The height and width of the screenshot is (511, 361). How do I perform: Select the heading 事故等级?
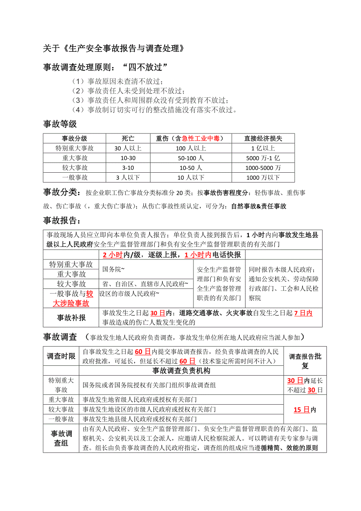click(60, 124)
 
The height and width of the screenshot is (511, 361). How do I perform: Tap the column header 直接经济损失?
click(263, 139)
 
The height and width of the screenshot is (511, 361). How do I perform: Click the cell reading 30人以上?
click(128, 148)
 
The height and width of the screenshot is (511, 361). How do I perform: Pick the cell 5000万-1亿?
click(263, 158)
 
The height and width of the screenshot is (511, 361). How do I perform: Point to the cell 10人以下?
click(191, 178)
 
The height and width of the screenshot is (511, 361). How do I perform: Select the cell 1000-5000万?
click(263, 168)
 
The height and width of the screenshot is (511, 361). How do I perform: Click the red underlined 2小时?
click(112, 255)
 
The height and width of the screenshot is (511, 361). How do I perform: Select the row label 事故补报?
click(71, 318)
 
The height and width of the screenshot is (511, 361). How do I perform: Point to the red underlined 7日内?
click(303, 313)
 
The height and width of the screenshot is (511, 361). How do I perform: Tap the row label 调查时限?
click(61, 356)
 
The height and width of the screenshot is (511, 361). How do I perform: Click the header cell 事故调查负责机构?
click(181, 370)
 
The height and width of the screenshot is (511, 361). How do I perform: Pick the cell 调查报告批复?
click(305, 361)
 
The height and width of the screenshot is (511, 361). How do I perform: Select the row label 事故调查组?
click(61, 438)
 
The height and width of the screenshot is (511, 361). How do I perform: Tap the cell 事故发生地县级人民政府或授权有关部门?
click(140, 419)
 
